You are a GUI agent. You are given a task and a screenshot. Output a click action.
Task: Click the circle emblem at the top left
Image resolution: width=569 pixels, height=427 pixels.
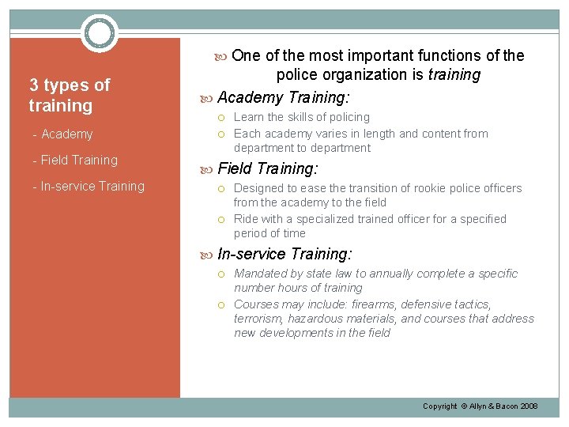[100, 33]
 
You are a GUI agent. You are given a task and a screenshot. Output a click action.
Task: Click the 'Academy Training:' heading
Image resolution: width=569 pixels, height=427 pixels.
[283, 97]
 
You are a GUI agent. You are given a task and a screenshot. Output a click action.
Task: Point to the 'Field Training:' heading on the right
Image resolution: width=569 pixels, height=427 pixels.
[267, 168]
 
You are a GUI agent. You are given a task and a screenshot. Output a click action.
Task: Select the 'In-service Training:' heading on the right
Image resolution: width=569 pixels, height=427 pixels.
[284, 254]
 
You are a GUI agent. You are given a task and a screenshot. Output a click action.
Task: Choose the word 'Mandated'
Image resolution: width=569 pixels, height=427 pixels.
[262, 274]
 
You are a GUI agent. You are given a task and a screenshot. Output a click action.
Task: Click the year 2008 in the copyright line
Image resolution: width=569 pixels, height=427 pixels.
[527, 406]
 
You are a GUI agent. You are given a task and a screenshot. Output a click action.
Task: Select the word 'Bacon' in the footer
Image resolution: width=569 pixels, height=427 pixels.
[502, 406]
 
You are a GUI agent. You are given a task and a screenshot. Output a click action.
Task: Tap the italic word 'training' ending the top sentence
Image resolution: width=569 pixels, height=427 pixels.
[454, 75]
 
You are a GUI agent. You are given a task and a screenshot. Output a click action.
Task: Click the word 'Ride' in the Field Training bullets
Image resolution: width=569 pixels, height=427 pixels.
[246, 219]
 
